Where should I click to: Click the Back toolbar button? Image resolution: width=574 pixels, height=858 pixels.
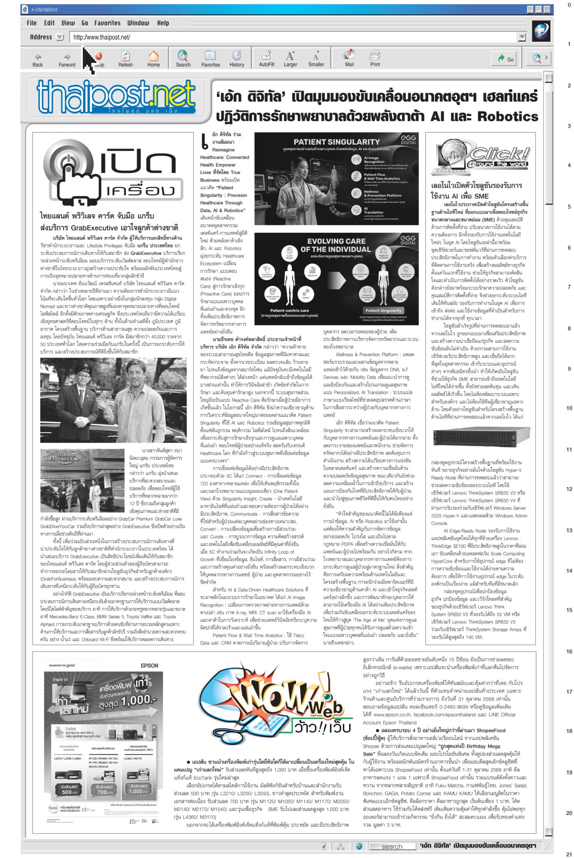pos(38,59)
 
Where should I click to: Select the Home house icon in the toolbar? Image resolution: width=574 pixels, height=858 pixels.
pos(154,59)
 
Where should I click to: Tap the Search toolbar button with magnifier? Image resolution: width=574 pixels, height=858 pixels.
pos(183,59)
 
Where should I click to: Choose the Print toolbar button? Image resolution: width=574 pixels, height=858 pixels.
pos(375,59)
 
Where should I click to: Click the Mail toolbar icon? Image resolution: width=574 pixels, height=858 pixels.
pos(349,59)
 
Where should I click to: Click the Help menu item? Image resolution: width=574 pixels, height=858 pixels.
pos(163,23)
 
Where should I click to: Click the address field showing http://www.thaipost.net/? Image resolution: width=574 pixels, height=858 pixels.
pos(295,37)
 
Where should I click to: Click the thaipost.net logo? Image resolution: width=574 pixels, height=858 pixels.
pos(116,97)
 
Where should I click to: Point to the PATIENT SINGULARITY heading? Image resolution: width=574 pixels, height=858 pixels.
pos(337,142)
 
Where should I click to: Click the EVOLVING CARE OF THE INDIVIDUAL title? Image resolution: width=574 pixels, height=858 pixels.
pos(336,245)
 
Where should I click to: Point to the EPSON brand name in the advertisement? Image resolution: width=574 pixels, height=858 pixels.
pos(150,665)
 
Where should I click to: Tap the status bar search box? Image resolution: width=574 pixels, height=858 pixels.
pos(391,846)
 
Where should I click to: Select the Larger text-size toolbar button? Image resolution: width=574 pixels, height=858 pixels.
pos(290,59)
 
